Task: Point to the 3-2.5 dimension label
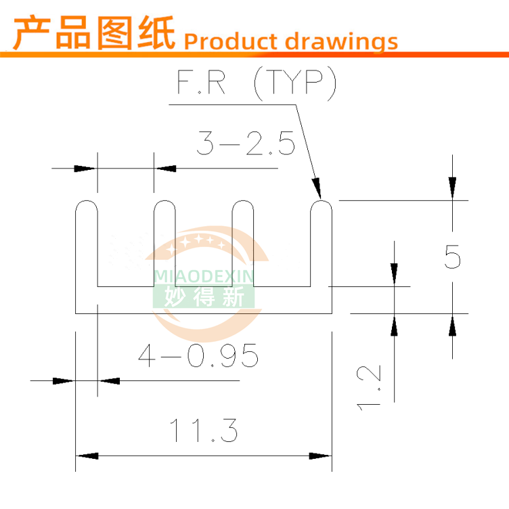pos(246,144)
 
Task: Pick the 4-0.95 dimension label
pos(198,355)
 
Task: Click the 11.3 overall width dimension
pos(204,430)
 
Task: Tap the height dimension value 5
pos(453,258)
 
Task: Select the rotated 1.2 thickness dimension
pos(370,386)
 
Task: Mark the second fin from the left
pos(164,244)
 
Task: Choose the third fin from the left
pos(243,244)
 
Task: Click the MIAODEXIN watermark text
pos(204,275)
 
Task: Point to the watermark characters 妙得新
pos(204,296)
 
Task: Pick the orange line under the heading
pos(255,56)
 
